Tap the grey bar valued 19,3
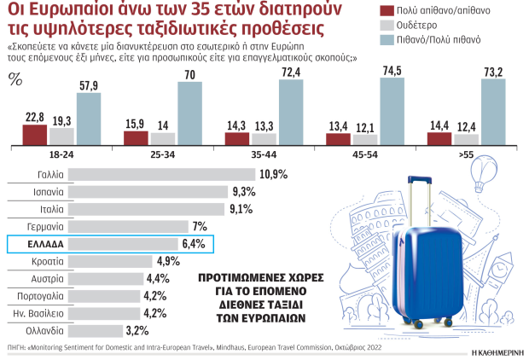61,137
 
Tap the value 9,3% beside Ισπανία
244,192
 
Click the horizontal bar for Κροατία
109,261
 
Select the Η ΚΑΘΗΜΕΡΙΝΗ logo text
496,351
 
